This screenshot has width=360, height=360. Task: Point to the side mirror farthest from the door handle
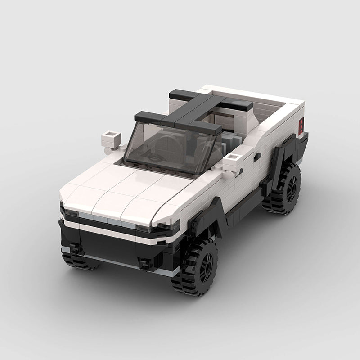(x=110, y=137)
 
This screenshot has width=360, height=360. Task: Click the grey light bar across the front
(x=108, y=221)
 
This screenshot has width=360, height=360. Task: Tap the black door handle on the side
(x=257, y=157)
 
